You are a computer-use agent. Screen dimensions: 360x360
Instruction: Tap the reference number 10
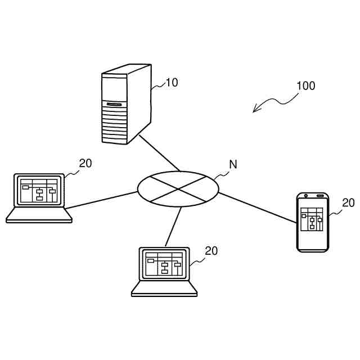point(172,83)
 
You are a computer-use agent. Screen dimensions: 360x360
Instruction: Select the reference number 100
point(305,86)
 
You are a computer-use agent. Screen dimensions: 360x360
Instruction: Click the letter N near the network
point(233,165)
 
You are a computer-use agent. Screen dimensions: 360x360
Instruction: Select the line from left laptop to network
point(101,200)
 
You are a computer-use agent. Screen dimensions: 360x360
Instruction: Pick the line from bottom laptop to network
point(173,227)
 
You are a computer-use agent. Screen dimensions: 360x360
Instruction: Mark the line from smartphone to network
point(257,208)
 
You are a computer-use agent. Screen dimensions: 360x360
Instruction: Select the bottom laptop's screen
point(164,263)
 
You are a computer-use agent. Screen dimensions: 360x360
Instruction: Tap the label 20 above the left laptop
point(85,164)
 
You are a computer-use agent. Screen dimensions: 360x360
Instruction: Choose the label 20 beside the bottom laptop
point(211,251)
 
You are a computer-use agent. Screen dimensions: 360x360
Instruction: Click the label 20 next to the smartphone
point(348,203)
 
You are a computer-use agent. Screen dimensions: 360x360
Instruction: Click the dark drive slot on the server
point(114,103)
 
